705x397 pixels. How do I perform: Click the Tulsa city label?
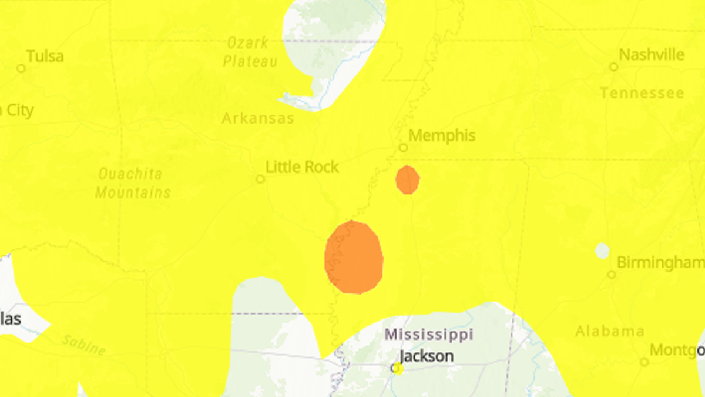(x=45, y=56)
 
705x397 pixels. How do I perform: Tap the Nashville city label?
(x=652, y=55)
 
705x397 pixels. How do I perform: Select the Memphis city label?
(x=442, y=135)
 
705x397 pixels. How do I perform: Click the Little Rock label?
(x=302, y=167)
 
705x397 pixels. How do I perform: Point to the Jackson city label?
(x=426, y=356)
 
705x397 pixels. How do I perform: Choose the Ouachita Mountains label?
(x=133, y=183)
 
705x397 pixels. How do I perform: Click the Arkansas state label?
(x=257, y=118)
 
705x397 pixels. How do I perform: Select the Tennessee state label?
(x=642, y=93)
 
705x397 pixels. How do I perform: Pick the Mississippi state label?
(x=428, y=335)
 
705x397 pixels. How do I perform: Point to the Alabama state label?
(x=609, y=331)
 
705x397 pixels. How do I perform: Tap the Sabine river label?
(x=83, y=346)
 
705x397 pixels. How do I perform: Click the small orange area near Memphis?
(x=407, y=179)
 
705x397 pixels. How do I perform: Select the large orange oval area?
(x=354, y=257)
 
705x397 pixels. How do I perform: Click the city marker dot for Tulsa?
(x=21, y=68)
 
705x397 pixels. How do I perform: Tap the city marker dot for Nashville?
(x=613, y=67)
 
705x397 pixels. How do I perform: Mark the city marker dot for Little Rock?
(x=260, y=179)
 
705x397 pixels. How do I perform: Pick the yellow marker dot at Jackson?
(x=397, y=368)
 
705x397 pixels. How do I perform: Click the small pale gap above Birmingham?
(x=602, y=251)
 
